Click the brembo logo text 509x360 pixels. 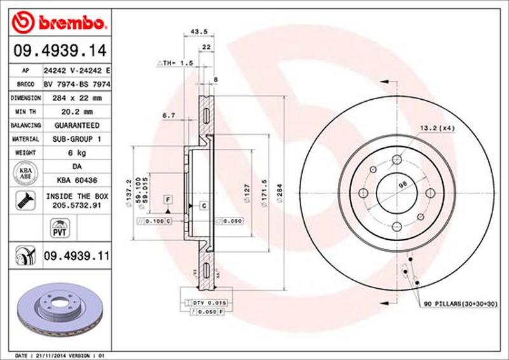tap(70, 24)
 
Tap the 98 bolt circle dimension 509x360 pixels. tap(401, 185)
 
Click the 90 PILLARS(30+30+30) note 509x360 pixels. tap(461, 305)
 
